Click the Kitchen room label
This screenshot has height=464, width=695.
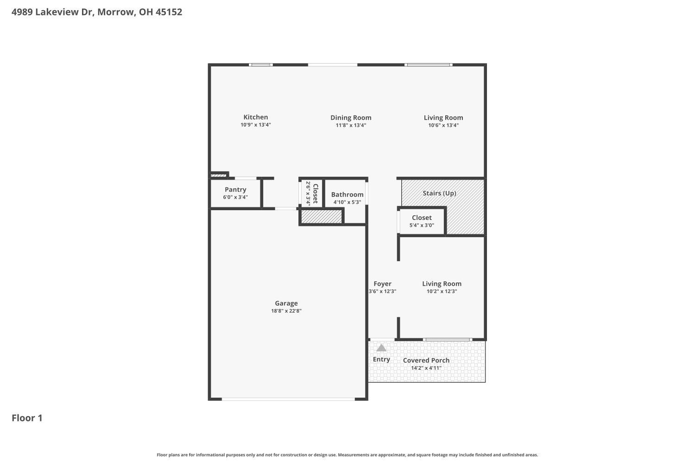(x=255, y=117)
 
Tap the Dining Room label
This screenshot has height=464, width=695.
(x=351, y=118)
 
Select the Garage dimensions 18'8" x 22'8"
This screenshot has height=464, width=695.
(x=286, y=311)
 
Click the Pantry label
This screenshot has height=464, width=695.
(x=235, y=190)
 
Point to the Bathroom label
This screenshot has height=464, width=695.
(x=347, y=194)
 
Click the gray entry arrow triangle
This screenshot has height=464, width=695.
(x=381, y=348)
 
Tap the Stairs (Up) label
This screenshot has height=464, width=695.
(x=439, y=193)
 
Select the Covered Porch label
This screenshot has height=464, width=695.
(x=426, y=360)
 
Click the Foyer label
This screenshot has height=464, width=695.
(x=382, y=284)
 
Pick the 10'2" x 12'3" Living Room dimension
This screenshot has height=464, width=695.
(x=442, y=291)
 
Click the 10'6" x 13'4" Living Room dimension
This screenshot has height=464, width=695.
(x=443, y=125)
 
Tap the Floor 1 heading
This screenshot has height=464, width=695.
(x=27, y=418)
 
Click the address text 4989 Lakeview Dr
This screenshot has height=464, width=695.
(x=53, y=12)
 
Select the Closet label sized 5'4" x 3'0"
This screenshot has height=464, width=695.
(x=422, y=218)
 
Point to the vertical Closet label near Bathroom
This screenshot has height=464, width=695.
(x=316, y=193)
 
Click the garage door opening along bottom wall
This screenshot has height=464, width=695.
(x=288, y=399)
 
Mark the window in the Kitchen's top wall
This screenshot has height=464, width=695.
(x=260, y=65)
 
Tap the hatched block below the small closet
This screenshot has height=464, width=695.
(x=322, y=217)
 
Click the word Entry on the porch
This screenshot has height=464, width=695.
(x=381, y=359)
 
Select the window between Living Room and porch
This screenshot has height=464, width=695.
(x=448, y=340)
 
